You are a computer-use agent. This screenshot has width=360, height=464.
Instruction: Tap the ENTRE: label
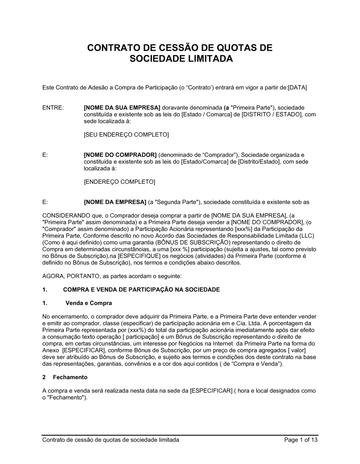tap(53, 108)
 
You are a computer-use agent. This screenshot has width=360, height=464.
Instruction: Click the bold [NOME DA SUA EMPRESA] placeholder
tap(122, 108)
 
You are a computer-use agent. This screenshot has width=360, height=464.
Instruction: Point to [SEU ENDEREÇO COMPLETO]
tap(126, 135)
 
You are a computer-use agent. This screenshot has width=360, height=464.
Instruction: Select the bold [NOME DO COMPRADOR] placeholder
tap(120, 155)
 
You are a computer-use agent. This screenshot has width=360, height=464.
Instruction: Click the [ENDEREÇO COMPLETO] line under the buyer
tap(119, 182)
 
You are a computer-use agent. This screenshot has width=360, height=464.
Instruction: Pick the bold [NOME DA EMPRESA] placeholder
tap(115, 202)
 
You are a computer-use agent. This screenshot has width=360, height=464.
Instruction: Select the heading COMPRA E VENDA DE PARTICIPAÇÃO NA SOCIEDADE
tap(141, 290)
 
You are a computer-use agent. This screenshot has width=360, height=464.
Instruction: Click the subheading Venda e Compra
tap(89, 303)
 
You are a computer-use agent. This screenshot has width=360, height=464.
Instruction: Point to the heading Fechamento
tap(70, 377)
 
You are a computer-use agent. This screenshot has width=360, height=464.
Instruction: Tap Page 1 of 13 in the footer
tap(301, 440)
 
